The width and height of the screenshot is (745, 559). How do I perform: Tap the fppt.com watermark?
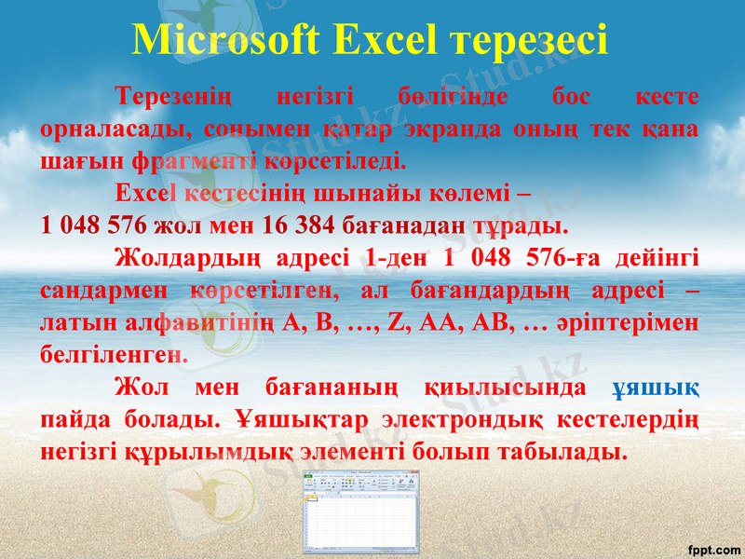(711, 544)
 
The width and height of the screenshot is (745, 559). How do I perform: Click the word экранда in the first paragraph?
(451, 129)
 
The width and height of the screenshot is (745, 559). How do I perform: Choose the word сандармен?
(103, 290)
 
